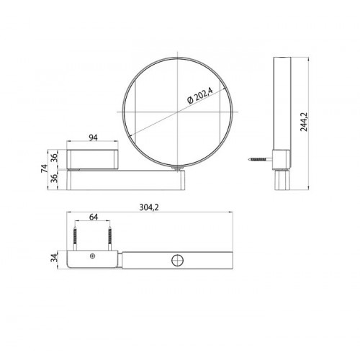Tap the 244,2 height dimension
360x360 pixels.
click(304, 122)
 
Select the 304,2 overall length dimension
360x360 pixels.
click(149, 207)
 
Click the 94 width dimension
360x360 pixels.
click(93, 138)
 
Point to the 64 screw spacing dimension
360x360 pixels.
click(94, 217)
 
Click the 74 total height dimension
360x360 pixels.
click(44, 168)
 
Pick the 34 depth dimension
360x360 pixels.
click(55, 258)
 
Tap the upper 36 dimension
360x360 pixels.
click(55, 158)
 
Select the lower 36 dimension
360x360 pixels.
click(55, 178)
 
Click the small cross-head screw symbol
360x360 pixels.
click(92, 256)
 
